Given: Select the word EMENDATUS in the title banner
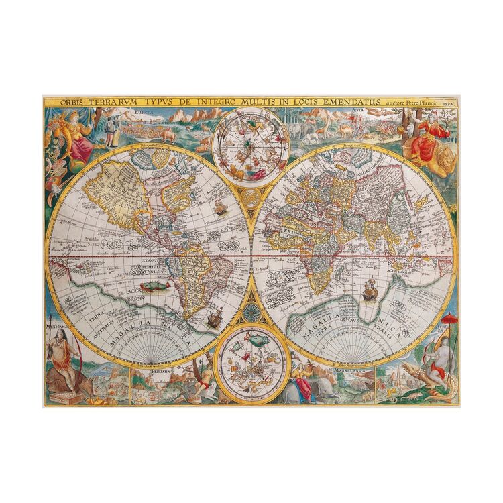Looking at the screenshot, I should [x=344, y=101].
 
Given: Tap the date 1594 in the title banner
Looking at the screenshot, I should [x=451, y=102].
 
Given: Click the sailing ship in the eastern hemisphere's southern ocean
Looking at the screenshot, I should [x=368, y=290].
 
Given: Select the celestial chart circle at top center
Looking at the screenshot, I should [x=250, y=146].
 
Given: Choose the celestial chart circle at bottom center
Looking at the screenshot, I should [x=251, y=359].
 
